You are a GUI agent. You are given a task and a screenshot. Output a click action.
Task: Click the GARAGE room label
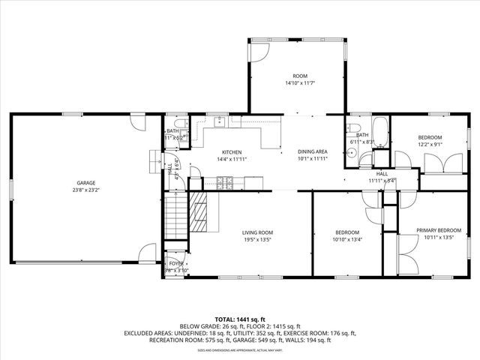point(85,183)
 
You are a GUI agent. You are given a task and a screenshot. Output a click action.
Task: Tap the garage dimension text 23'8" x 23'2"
point(85,190)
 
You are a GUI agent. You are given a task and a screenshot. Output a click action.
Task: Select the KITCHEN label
point(230,152)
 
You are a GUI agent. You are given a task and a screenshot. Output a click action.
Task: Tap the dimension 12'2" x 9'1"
point(430,145)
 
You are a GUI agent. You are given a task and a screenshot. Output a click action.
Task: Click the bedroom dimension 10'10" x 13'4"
point(346,241)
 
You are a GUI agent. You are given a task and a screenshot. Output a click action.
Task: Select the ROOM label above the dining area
point(300,75)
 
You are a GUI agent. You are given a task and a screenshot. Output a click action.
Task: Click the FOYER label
point(175,264)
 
